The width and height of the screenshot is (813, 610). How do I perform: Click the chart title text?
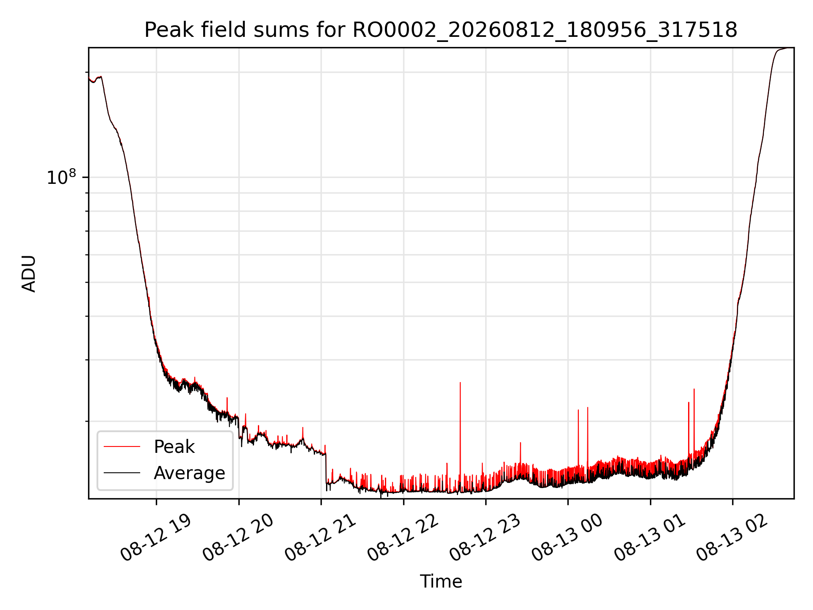point(441,30)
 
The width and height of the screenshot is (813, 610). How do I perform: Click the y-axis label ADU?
point(29,273)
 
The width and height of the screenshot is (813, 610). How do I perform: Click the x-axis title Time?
point(441,581)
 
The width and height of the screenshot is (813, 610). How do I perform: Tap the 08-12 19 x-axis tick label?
point(156,538)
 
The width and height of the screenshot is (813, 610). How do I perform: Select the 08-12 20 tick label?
point(238,538)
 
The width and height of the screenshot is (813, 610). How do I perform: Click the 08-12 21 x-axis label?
point(321,538)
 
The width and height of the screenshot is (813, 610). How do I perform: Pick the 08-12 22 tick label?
point(403,538)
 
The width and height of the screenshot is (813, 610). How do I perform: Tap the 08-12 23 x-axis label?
point(485,538)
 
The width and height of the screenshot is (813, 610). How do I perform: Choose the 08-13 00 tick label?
point(567,538)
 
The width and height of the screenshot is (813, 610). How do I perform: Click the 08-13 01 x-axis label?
point(650,538)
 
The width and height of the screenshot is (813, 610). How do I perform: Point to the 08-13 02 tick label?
point(732,538)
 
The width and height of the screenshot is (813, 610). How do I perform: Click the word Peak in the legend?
point(174,447)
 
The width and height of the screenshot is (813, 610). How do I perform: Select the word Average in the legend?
point(189,473)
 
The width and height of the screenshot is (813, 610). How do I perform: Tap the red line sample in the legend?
point(122,446)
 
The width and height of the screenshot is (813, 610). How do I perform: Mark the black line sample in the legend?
point(122,472)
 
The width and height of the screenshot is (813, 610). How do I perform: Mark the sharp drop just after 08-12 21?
point(326,468)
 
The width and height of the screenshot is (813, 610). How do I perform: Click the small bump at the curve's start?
point(98,78)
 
